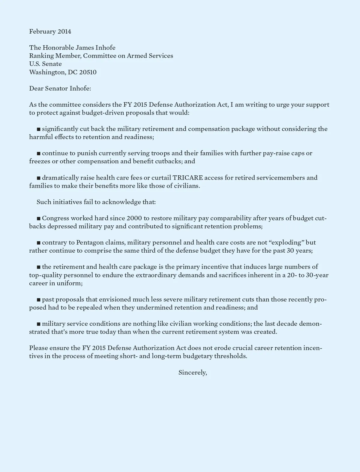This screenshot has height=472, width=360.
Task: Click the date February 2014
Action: click(50, 31)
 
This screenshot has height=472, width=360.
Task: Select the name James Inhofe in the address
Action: click(95, 48)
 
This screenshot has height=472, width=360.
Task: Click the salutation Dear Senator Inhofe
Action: click(60, 88)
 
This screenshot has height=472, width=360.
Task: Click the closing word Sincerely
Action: click(192, 373)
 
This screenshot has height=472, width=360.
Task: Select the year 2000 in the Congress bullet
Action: click(134, 218)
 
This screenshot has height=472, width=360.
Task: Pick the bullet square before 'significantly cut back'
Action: click(38, 129)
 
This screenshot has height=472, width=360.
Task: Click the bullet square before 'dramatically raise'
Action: click(38, 178)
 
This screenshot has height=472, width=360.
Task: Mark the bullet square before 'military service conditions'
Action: click(38, 324)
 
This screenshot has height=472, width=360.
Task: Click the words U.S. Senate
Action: click(45, 64)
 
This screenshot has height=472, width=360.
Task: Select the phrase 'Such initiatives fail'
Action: click(64, 202)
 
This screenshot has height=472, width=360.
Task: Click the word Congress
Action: click(55, 218)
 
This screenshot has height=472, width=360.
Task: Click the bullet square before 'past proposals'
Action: click(38, 300)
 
